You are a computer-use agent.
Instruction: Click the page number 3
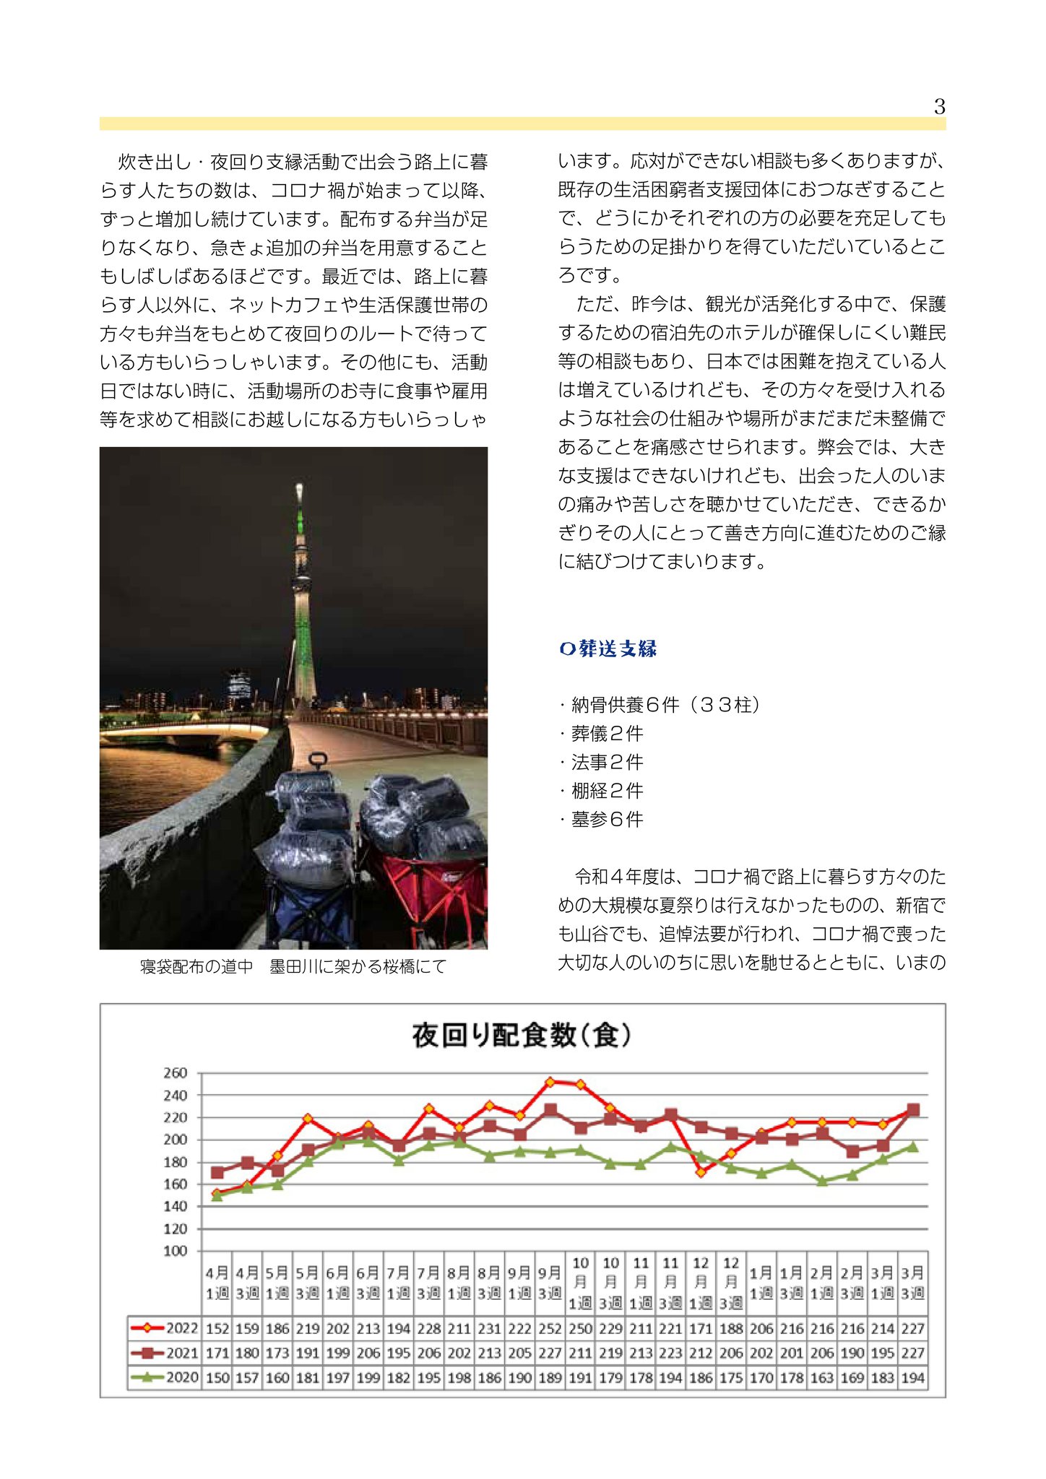point(939,107)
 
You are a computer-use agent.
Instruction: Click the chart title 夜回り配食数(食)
point(522,1036)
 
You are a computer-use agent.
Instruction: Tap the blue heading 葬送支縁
point(608,649)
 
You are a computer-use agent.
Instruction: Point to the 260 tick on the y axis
point(175,1073)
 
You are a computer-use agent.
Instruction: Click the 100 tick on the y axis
point(175,1251)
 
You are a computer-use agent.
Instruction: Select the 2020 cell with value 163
point(822,1378)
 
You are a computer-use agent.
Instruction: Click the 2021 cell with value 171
point(217,1353)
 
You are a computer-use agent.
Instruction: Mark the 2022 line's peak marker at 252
point(550,1082)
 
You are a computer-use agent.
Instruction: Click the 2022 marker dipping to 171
point(701,1172)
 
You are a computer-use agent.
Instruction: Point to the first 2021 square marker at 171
point(217,1172)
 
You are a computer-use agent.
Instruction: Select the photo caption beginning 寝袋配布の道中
point(293,966)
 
